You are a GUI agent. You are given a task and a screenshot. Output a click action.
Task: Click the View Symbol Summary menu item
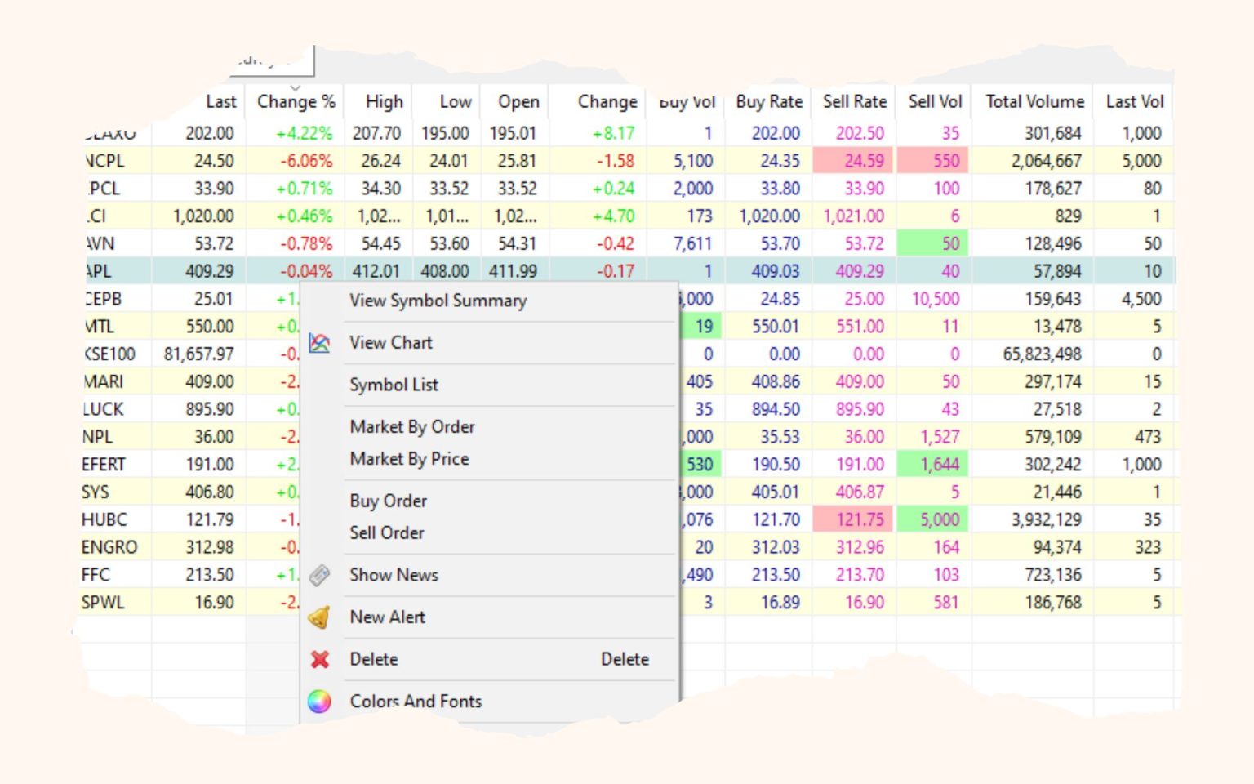click(x=438, y=301)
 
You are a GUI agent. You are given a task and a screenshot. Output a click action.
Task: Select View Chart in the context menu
click(x=390, y=343)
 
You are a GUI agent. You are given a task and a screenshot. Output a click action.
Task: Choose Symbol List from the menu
click(x=394, y=385)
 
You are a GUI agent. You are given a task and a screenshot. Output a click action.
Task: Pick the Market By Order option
click(x=411, y=426)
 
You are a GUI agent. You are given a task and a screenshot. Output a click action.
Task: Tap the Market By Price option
click(x=409, y=459)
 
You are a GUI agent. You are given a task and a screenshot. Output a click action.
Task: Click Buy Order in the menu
click(x=388, y=501)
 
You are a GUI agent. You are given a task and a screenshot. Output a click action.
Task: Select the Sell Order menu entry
click(x=386, y=532)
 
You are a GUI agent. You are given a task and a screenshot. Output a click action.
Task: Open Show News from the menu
click(x=394, y=575)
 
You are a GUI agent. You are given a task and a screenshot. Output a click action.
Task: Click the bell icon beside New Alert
click(x=319, y=617)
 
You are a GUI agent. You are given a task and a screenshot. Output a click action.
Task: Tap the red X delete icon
click(x=319, y=659)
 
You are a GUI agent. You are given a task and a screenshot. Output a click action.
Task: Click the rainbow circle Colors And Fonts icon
click(x=319, y=701)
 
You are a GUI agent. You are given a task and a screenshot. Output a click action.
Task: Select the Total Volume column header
click(x=1034, y=101)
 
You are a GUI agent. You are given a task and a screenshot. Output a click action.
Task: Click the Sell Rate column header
click(x=854, y=101)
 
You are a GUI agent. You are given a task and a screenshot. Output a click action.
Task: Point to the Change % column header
click(x=296, y=101)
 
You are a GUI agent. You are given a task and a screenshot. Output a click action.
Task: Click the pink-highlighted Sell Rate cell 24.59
click(x=854, y=161)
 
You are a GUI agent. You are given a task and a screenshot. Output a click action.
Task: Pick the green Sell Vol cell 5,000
click(x=936, y=519)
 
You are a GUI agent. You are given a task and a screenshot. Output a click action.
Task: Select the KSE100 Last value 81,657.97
click(x=198, y=354)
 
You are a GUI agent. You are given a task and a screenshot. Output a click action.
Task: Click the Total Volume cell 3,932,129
click(x=1046, y=519)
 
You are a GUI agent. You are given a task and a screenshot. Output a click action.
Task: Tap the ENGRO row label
click(x=109, y=547)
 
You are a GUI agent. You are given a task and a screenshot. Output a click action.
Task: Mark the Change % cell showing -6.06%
click(x=305, y=161)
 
